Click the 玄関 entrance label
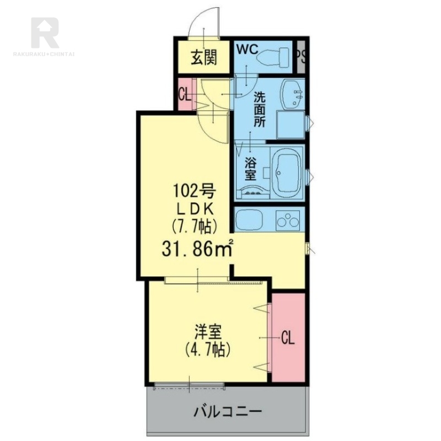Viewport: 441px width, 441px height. (203, 57)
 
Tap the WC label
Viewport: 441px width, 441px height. (248, 49)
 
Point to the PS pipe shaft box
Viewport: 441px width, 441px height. (300, 56)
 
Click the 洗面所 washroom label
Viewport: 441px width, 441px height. (259, 109)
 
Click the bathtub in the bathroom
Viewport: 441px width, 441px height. (287, 170)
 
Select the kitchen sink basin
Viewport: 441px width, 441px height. (251, 221)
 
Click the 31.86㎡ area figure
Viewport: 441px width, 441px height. (196, 249)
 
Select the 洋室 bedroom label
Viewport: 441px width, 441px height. (208, 332)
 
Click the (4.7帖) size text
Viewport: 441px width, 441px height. (208, 349)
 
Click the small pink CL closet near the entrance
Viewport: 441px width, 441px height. (185, 94)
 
